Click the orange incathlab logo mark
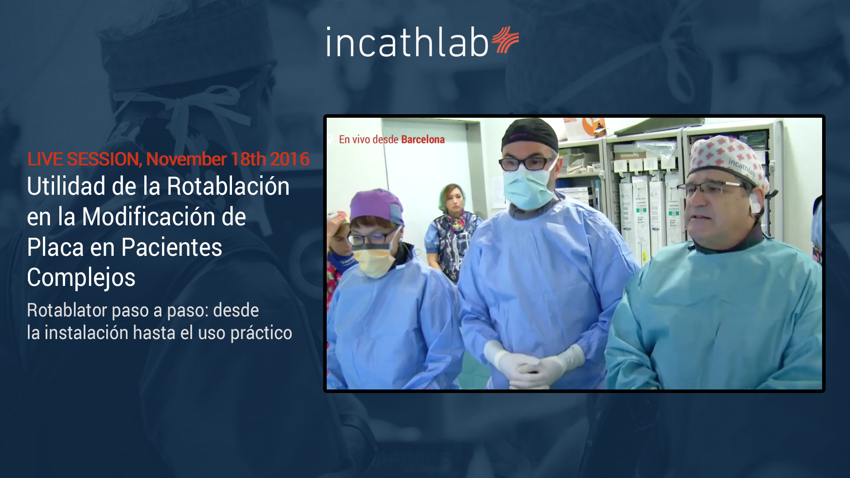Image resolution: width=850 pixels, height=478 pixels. point(505,39)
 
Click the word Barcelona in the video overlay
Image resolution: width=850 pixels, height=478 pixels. point(423,139)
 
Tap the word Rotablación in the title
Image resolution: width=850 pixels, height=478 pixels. point(228,186)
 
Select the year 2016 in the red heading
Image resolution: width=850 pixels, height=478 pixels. point(290,159)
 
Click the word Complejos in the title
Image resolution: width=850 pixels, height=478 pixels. point(81,278)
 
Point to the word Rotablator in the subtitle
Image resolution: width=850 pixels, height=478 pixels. point(67,310)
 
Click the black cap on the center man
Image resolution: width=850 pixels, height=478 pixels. point(529,134)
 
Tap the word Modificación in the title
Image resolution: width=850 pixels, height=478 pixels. point(164,217)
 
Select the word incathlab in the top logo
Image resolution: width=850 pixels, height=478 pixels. point(407,42)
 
